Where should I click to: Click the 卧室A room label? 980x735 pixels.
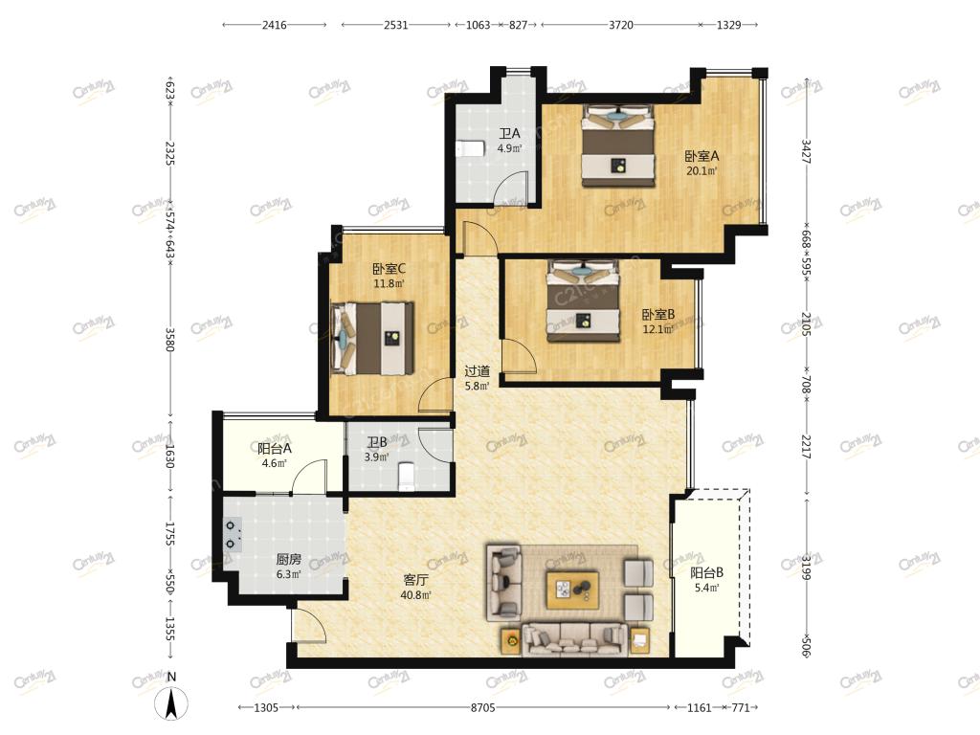(x=702, y=156)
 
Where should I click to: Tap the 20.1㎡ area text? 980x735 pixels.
(x=702, y=171)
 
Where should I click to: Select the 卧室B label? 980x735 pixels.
(x=658, y=314)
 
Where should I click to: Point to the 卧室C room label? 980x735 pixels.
(x=389, y=269)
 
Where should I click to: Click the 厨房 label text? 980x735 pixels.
(x=289, y=559)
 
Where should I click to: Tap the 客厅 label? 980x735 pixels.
(x=415, y=580)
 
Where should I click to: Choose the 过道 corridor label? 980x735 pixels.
(x=477, y=371)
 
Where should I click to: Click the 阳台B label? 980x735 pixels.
(x=707, y=572)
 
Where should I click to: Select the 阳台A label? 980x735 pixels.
(x=275, y=448)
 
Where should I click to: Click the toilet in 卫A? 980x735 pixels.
(x=470, y=148)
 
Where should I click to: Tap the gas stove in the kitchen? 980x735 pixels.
(x=234, y=535)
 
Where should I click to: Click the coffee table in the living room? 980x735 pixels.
(x=572, y=590)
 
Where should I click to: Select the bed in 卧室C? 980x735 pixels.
(x=372, y=339)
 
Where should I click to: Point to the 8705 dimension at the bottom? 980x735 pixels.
(x=482, y=707)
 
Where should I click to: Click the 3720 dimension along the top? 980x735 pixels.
(x=620, y=25)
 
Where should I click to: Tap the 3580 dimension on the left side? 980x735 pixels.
(x=169, y=340)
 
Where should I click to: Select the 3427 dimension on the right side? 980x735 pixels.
(x=806, y=151)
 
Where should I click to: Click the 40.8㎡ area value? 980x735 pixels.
(x=415, y=595)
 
